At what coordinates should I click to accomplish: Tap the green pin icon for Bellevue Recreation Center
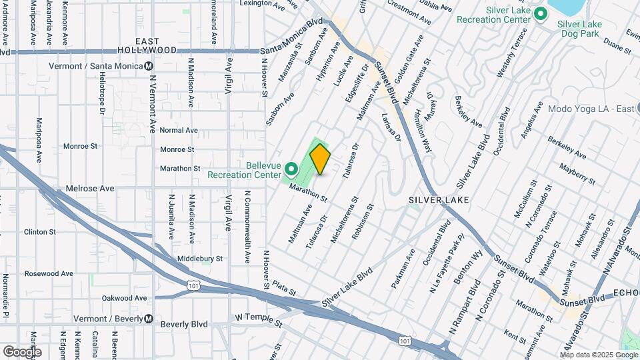point(291,167)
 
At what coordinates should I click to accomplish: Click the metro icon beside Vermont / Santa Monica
point(149,66)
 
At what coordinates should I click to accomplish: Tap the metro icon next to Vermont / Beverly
point(149,319)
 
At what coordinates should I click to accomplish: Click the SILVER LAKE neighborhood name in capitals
point(439,200)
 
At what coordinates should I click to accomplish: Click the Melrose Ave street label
point(89,189)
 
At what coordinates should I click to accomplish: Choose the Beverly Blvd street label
point(184,325)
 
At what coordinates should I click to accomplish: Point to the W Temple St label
point(258,321)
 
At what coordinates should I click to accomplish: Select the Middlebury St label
point(200,259)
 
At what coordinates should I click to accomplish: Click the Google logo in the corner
point(21,351)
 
